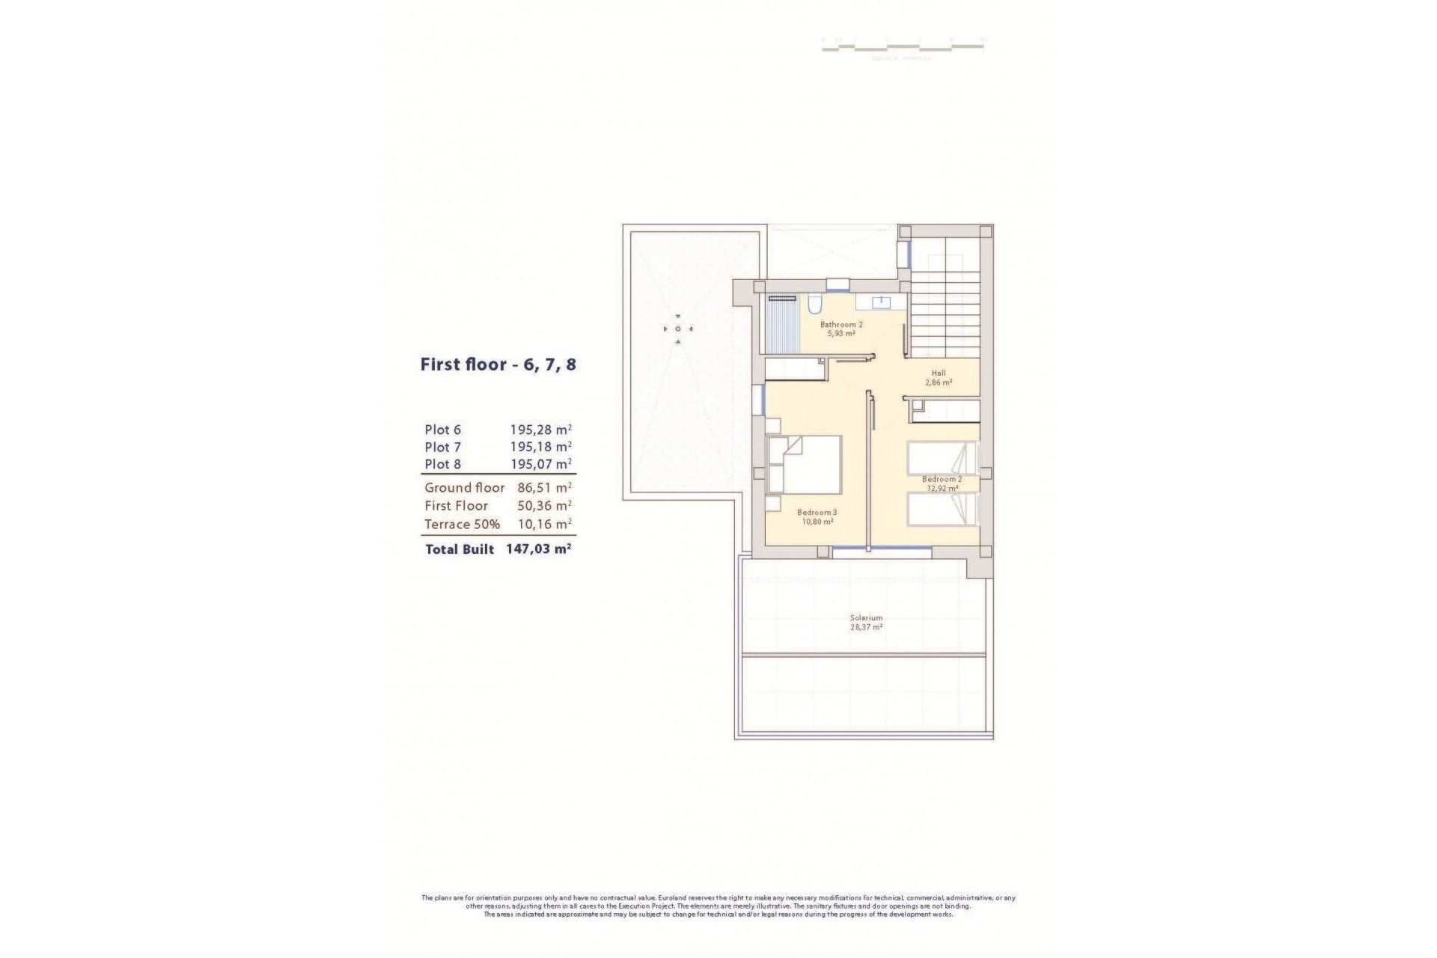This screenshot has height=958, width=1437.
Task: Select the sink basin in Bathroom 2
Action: click(x=882, y=302)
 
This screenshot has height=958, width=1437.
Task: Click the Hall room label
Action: click(x=939, y=373)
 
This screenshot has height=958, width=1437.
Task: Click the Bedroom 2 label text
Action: click(x=942, y=479)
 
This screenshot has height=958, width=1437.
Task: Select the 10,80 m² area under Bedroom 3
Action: click(x=817, y=522)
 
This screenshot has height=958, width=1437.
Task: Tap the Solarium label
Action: click(x=866, y=618)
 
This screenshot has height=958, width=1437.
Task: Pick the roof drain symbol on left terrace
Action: click(x=678, y=329)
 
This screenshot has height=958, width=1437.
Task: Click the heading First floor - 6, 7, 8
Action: click(x=498, y=365)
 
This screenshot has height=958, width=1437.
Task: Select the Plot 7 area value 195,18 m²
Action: click(x=540, y=447)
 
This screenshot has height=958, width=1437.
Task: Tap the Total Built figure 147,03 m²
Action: click(x=539, y=549)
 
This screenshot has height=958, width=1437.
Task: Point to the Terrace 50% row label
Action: click(x=462, y=524)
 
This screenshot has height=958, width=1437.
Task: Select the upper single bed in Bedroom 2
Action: click(x=942, y=458)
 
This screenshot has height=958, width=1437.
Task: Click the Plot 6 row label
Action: click(x=442, y=430)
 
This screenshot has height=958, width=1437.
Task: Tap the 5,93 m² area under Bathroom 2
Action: click(x=840, y=333)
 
